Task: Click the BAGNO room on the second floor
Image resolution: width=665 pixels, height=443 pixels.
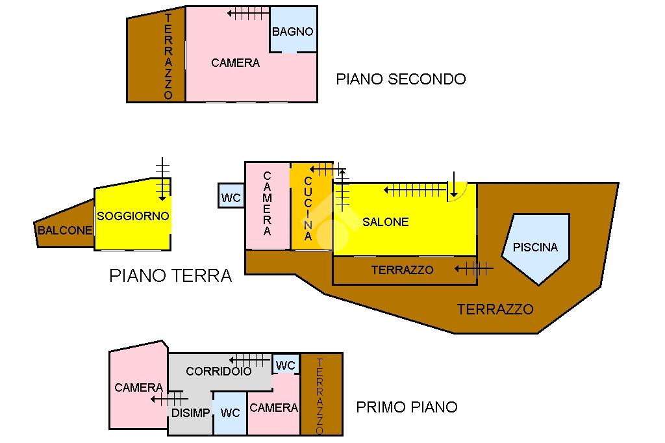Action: [x=293, y=31]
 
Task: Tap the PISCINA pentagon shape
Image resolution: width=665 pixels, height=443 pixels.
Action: [x=536, y=247]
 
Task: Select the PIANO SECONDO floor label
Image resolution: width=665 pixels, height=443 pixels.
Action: [x=401, y=79]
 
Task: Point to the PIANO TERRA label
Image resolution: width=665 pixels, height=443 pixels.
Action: [x=171, y=275]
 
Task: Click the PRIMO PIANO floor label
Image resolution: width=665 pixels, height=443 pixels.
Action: [x=407, y=407]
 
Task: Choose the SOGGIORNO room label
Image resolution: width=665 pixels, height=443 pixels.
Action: [x=133, y=216]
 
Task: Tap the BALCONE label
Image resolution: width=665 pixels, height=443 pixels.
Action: [x=64, y=230]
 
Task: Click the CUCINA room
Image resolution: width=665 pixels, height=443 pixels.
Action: [x=308, y=208]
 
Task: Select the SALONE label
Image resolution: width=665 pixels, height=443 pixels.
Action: [x=386, y=222]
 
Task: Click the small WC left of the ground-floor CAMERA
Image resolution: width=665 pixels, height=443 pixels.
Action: [x=231, y=197]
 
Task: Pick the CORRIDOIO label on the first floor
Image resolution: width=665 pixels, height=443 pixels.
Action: [x=218, y=372]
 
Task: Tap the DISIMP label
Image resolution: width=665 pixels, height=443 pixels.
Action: [x=190, y=413]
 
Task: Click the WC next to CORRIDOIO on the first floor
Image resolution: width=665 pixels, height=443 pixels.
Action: [x=285, y=366]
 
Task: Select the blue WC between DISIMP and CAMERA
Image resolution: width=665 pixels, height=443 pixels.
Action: [x=230, y=413]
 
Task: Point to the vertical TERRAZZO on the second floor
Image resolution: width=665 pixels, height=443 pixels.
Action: [x=168, y=57]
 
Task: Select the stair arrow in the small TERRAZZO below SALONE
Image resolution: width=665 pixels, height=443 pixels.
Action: [x=473, y=268]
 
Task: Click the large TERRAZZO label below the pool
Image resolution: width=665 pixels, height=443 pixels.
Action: [x=495, y=309]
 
